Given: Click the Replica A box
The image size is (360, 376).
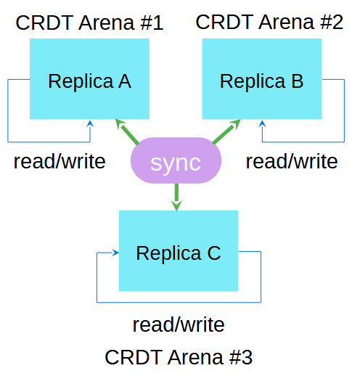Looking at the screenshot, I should click(x=89, y=78).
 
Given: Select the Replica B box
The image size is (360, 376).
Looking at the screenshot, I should click(x=261, y=78).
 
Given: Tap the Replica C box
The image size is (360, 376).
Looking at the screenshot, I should click(x=179, y=251).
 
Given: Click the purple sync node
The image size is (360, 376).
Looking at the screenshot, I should click(x=176, y=162).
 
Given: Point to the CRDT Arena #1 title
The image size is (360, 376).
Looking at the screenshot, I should click(x=89, y=23).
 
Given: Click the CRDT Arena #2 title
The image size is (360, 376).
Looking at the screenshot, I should click(x=269, y=22).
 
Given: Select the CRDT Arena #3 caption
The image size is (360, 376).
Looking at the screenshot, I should click(x=179, y=357).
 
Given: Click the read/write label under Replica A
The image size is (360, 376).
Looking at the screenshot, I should click(x=59, y=160).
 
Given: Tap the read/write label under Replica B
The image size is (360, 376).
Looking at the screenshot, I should click(x=291, y=160).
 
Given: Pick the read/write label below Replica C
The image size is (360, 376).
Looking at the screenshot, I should click(x=179, y=324).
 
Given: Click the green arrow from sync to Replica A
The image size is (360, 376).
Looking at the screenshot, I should click(x=126, y=131).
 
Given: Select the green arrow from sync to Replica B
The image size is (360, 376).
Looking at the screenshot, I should click(x=226, y=131).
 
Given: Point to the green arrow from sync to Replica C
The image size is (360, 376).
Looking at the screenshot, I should click(x=176, y=197).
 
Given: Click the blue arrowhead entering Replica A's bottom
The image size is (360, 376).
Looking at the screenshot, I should click(x=90, y=124).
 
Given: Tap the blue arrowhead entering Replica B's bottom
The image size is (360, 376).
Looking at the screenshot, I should click(x=262, y=124).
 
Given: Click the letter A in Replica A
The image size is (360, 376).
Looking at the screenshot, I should click(x=124, y=81).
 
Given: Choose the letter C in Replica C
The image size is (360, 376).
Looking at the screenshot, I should click(x=213, y=253).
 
